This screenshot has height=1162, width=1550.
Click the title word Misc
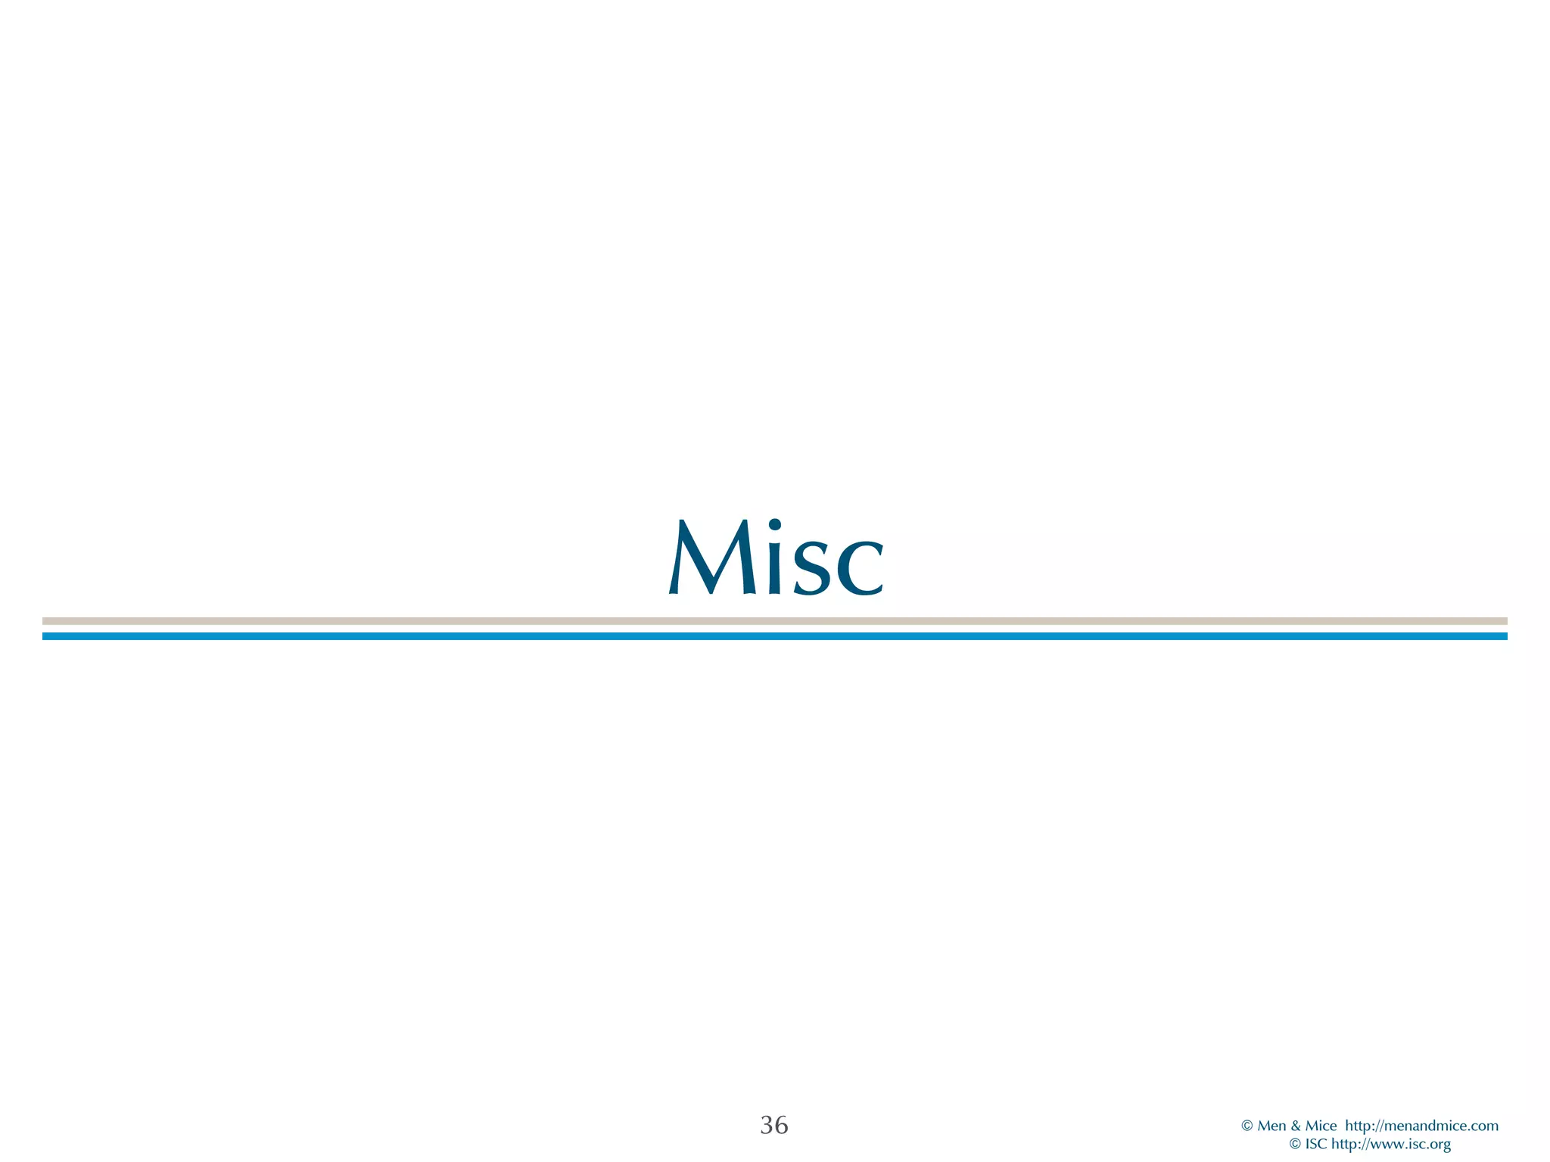pos(776,558)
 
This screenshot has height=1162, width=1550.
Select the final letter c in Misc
pos(860,567)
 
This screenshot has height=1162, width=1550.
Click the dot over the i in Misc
pos(774,524)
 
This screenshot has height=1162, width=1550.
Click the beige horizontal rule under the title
pos(775,621)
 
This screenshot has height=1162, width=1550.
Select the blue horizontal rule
pos(775,636)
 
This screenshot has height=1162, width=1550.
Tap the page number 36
pos(773,1125)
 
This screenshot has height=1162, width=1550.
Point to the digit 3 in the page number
pos(766,1125)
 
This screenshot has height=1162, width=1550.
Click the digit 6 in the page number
pos(781,1125)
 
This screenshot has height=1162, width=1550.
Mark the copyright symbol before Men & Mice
pos(1247,1126)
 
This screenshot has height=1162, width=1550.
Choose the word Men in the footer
pos(1271,1126)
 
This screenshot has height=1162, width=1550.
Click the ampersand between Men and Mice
pos(1295,1126)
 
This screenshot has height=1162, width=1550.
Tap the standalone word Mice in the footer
pos(1321,1126)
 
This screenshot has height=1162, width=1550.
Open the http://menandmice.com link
pos(1421,1126)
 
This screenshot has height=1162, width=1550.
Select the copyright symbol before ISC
pos(1295,1145)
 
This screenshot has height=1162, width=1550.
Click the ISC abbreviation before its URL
pos(1316,1145)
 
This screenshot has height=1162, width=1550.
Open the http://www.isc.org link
pos(1391,1145)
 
